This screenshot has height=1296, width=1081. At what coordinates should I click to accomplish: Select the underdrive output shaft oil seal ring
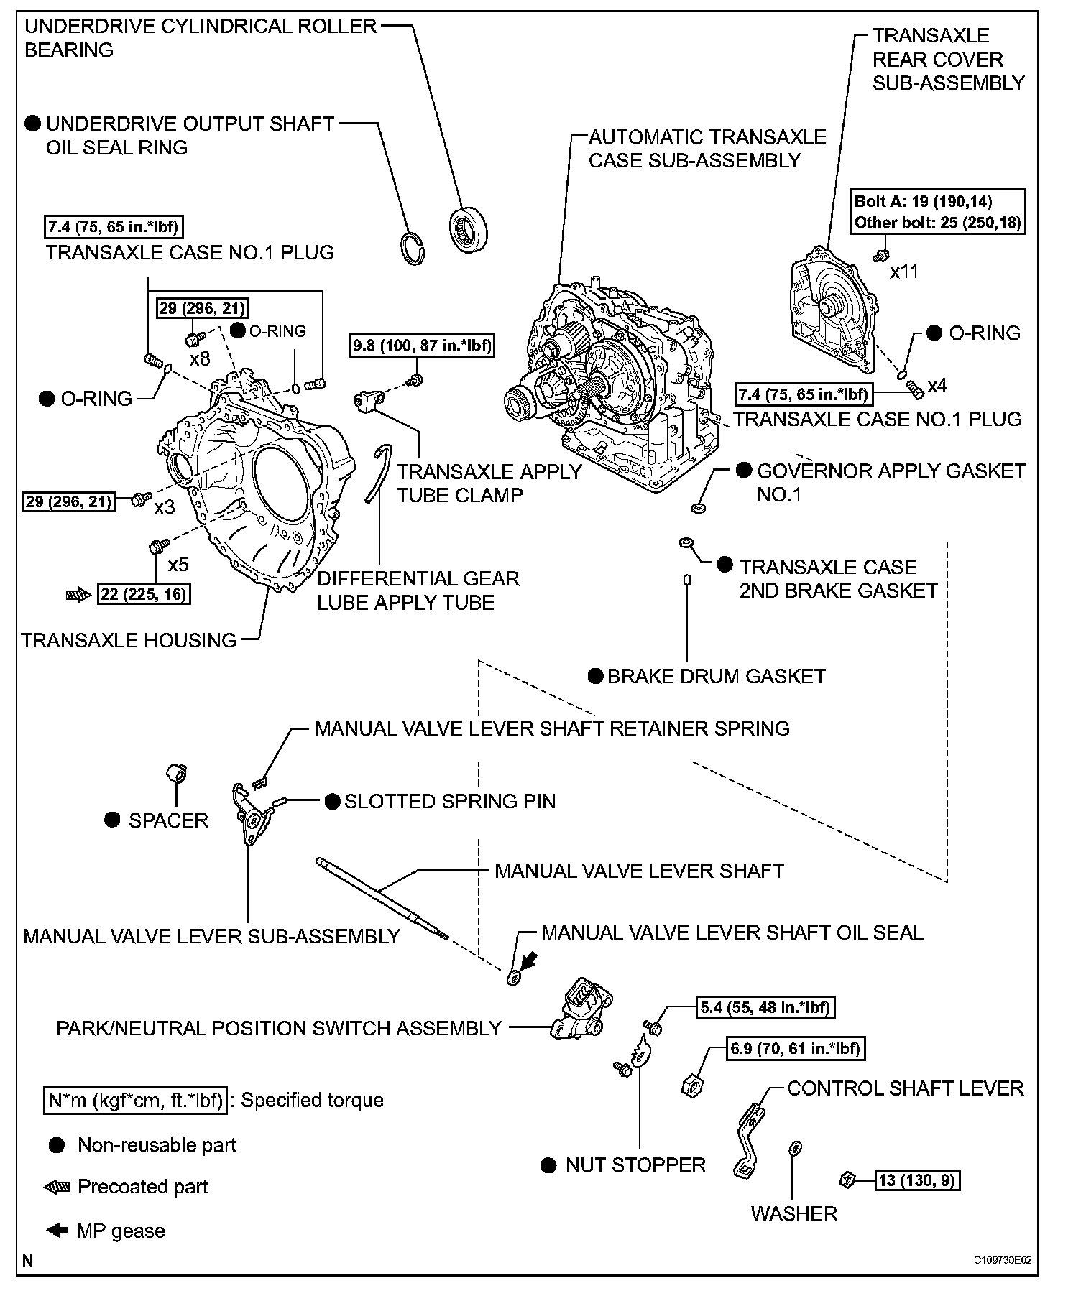413,248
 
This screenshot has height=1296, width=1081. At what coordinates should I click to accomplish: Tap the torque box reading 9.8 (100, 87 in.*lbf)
422,346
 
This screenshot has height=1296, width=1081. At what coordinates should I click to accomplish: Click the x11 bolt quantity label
904,272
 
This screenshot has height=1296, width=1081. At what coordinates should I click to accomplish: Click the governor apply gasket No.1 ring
698,509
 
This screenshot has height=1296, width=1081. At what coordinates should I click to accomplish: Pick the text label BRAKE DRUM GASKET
716,677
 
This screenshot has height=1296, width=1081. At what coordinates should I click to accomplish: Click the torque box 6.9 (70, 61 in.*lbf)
794,1048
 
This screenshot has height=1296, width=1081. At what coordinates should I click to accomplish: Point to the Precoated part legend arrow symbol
56,1187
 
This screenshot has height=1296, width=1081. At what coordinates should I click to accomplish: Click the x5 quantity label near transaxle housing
178,564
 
